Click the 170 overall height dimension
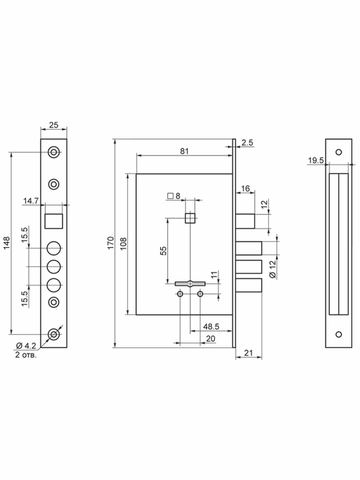click(111, 243)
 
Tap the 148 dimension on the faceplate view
click(7, 243)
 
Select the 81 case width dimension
click(184, 151)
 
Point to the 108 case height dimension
click(124, 243)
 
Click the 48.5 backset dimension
click(211, 327)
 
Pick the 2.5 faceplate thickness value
click(247, 143)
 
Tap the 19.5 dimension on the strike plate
click(315, 160)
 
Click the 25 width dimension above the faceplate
click(53, 125)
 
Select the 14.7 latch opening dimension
click(31, 201)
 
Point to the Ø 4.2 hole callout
click(26, 346)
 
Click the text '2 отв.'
click(26, 355)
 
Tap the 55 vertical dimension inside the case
click(164, 250)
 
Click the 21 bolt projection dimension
click(249, 352)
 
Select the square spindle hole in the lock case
click(190, 218)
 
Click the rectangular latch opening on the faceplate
click(54, 221)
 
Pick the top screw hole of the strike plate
click(338, 152)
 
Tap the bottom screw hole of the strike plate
click(338, 334)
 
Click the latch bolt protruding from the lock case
click(245, 221)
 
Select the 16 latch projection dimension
click(245, 189)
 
